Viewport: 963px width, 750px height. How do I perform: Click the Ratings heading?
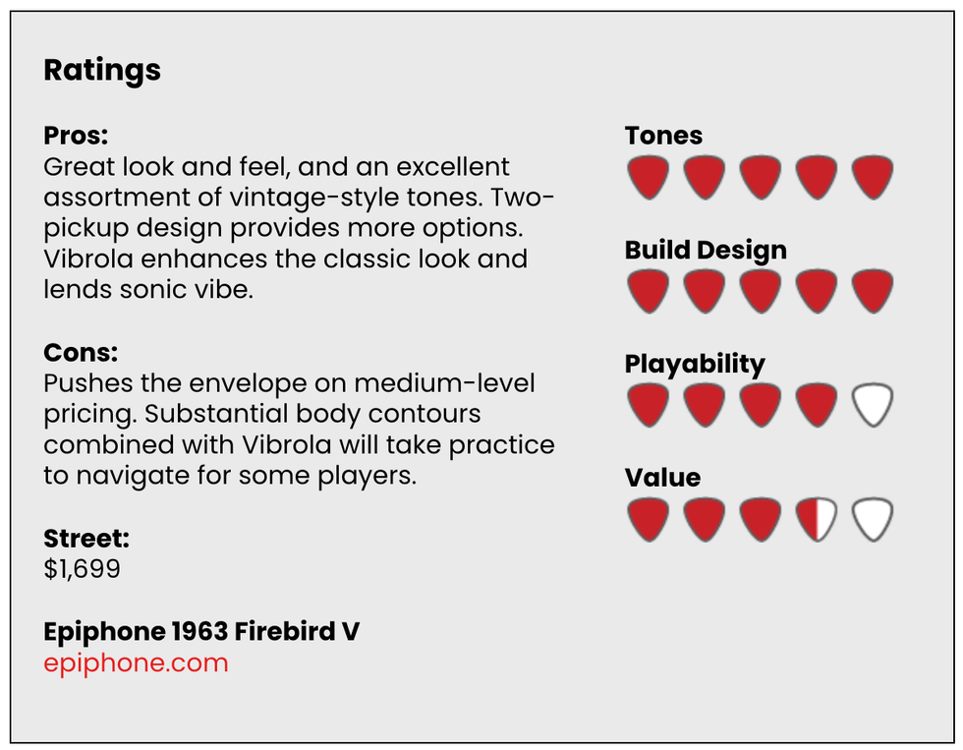(102, 71)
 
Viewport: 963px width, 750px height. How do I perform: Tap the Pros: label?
(76, 135)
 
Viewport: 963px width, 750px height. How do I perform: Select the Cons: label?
(81, 353)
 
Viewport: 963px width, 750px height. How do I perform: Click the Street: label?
(86, 538)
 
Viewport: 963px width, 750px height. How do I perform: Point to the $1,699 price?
(82, 569)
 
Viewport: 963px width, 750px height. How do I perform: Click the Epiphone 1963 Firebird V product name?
(201, 631)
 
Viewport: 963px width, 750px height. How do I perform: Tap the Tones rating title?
(663, 135)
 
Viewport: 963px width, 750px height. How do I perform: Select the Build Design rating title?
(706, 250)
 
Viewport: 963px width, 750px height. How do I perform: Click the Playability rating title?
(695, 365)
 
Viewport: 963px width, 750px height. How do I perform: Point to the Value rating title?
(662, 478)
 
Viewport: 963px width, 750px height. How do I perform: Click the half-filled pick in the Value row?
(817, 520)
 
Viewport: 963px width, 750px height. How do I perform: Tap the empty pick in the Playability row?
(873, 405)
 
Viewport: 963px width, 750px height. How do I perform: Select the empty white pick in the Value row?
(873, 520)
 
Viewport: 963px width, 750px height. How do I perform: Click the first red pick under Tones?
(648, 178)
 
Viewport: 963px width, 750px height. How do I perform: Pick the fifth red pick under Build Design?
(873, 292)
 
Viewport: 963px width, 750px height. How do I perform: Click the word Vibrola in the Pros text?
(88, 259)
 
